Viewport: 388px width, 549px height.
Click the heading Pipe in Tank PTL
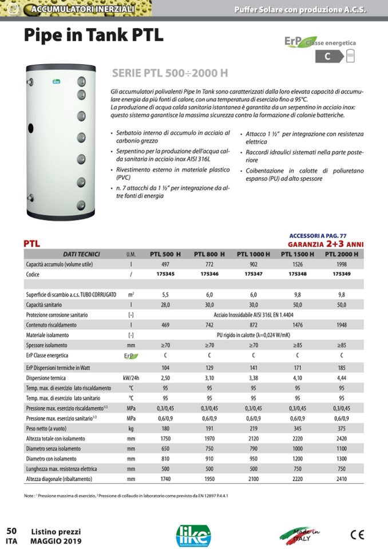pos(93,35)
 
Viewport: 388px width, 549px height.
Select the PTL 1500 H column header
pos(297,254)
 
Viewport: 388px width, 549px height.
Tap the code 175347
pos(254,275)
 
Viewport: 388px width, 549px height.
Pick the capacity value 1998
pos(341,264)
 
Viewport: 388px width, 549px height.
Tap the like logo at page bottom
pos(193,534)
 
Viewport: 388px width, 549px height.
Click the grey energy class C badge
pos(328,56)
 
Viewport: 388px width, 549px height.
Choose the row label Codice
pos(36,275)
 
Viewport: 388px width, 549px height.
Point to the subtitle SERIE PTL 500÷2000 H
pos(170,73)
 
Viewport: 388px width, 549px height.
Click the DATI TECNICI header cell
pos(81,254)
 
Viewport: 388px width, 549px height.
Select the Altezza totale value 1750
pos(165,438)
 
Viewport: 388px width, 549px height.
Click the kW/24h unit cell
pos(131,378)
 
